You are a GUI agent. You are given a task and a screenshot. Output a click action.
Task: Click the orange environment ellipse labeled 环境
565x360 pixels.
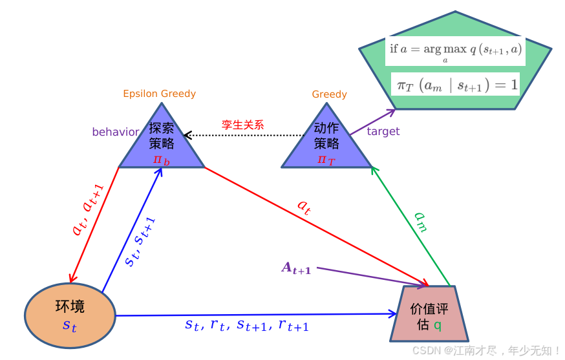[70, 315]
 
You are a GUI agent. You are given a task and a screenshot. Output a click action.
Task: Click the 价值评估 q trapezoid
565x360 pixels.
[429, 315]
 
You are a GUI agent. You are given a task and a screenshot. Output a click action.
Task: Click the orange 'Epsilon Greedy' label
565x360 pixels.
[159, 94]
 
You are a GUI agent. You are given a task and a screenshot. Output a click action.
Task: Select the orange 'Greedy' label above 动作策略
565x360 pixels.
[329, 94]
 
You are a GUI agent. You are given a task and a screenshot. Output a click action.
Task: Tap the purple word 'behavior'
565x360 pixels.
[115, 132]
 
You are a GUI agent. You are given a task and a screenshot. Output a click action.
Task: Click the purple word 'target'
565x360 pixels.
[383, 131]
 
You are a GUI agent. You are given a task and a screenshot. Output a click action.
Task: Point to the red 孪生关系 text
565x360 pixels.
[243, 125]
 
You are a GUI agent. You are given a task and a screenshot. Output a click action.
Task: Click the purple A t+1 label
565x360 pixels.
[296, 268]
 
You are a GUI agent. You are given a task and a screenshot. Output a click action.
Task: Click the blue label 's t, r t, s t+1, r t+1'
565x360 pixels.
[247, 326]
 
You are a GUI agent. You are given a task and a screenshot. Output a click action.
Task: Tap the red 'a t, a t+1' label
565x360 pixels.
[87, 210]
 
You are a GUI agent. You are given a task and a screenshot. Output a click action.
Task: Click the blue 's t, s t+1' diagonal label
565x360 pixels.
[140, 242]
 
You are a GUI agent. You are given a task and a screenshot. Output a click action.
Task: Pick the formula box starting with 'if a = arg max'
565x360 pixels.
[455, 50]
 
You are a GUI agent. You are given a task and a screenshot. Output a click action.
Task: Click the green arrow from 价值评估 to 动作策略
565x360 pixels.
[410, 227]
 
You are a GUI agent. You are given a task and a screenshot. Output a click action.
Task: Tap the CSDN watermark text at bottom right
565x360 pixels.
[486, 350]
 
